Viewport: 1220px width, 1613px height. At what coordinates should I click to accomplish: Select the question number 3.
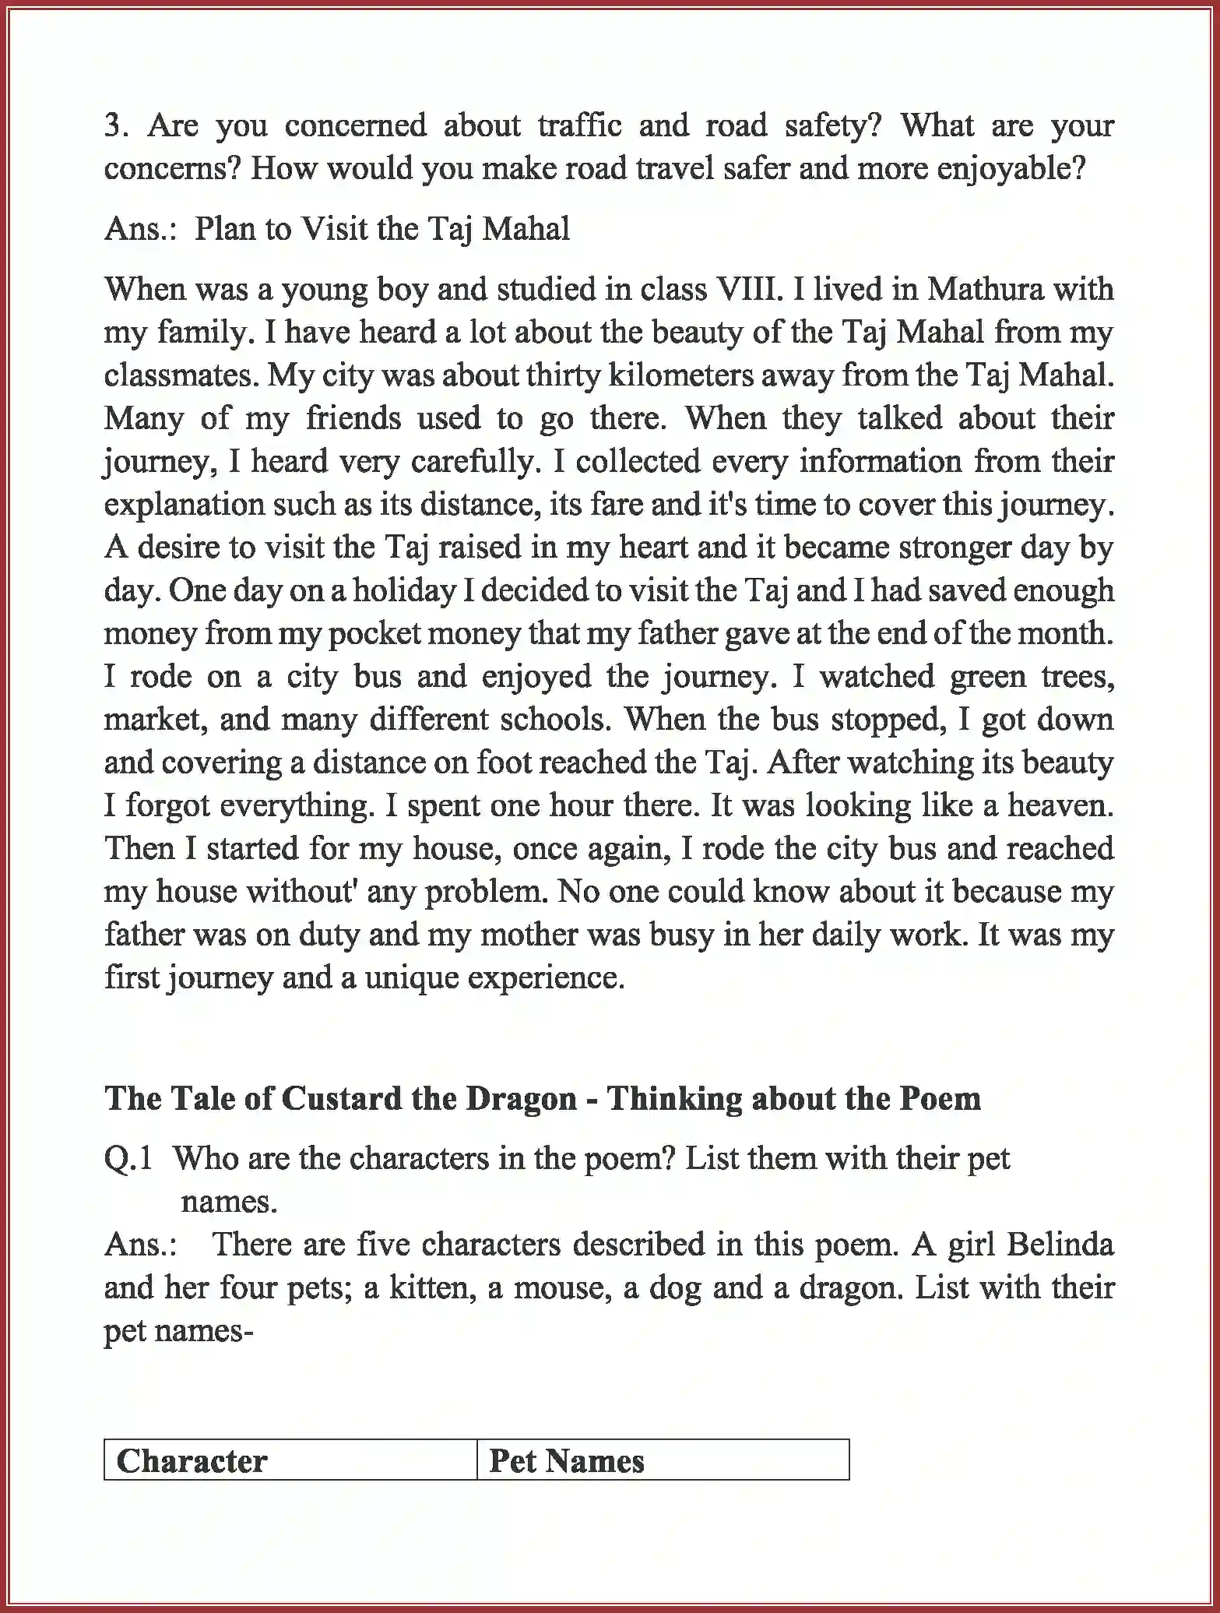[115, 125]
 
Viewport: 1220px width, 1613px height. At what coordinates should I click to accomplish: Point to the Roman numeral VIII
[744, 289]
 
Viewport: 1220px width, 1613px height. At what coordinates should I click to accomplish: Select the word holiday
[404, 590]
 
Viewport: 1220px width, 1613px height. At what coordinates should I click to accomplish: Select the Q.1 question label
[128, 1159]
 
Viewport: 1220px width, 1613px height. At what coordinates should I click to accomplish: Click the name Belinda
[1060, 1245]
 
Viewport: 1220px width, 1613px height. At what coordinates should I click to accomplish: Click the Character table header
[192, 1461]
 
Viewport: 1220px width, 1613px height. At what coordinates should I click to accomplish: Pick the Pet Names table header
[566, 1461]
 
